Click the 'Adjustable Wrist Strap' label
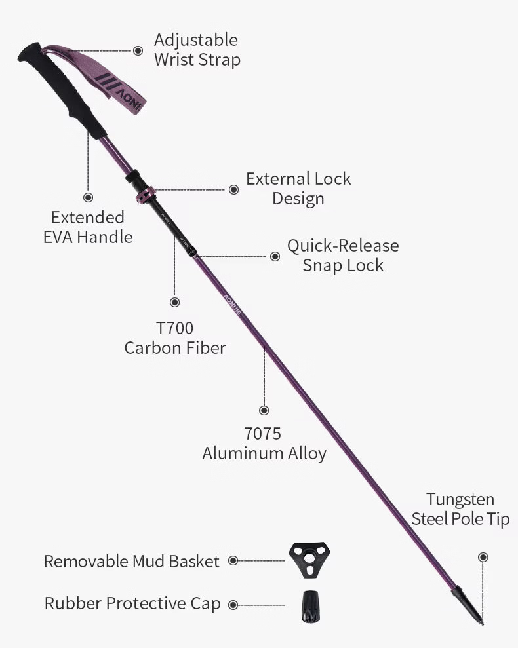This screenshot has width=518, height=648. [197, 50]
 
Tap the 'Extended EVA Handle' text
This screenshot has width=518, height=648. [88, 227]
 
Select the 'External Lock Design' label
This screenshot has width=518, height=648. [298, 189]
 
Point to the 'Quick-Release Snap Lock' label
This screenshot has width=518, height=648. [343, 256]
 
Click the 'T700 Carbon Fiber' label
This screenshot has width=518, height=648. [175, 338]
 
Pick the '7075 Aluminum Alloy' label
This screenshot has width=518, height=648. [264, 444]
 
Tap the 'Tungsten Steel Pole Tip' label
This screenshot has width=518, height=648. [460, 509]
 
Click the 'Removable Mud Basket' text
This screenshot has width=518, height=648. [132, 562]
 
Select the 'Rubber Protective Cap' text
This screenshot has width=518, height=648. [132, 604]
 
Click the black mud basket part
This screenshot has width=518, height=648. [309, 559]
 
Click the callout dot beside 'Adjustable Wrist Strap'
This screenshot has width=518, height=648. [138, 50]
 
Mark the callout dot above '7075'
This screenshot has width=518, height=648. [264, 410]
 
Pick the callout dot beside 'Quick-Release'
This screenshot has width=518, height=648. [275, 257]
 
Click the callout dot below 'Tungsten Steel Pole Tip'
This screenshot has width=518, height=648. [483, 557]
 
